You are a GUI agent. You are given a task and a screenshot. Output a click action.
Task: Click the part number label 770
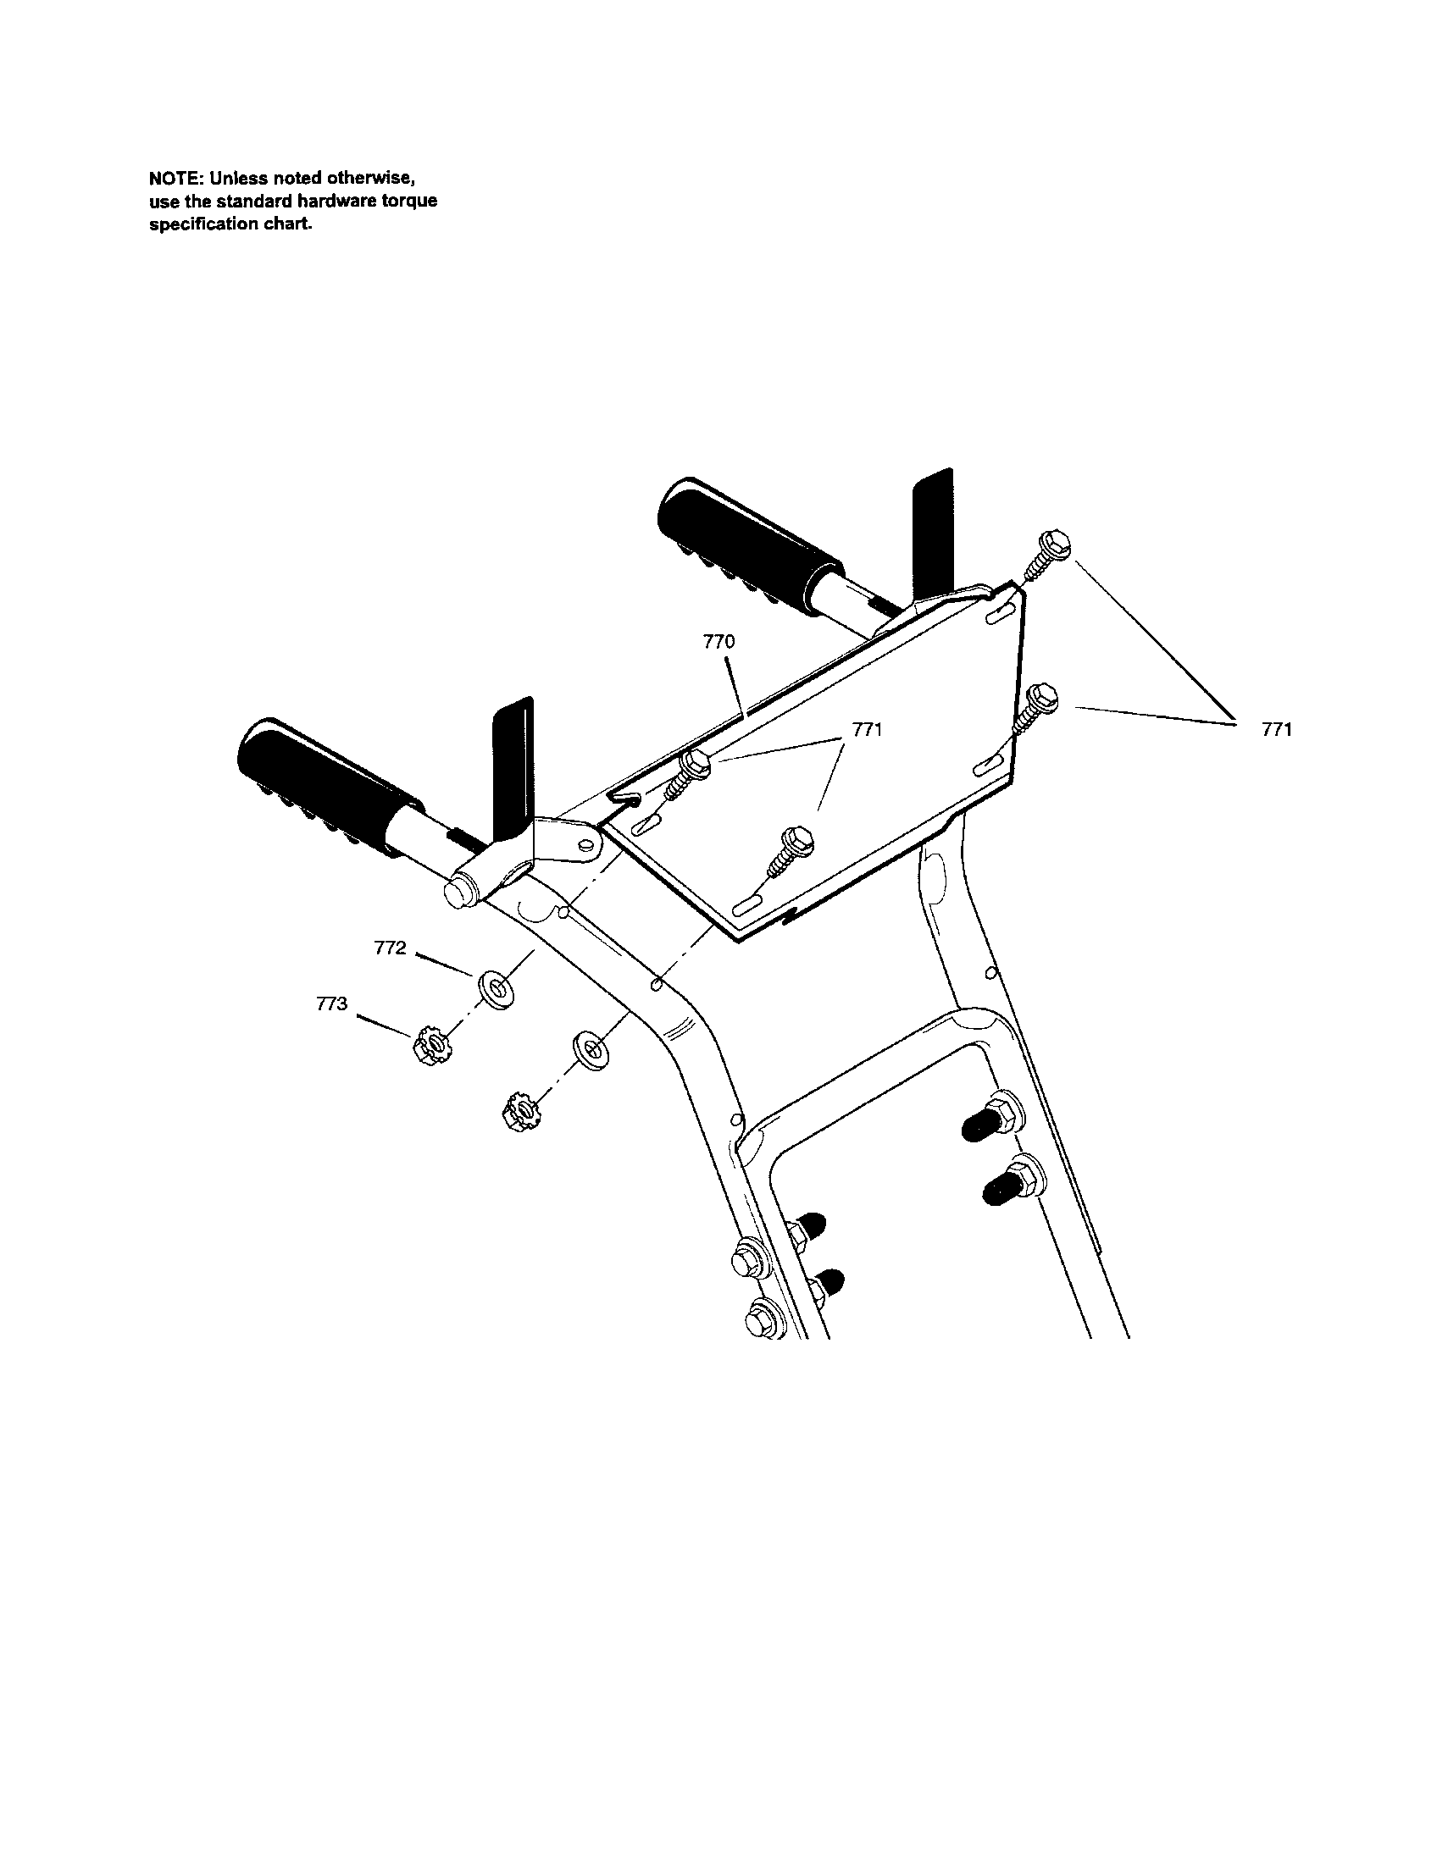coord(718,642)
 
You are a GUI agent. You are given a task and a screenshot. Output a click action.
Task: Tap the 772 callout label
coord(390,948)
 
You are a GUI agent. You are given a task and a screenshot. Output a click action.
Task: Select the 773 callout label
coord(331,1004)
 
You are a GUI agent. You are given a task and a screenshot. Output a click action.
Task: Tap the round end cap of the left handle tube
coord(459,891)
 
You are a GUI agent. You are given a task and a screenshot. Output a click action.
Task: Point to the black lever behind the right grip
coord(932,530)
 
